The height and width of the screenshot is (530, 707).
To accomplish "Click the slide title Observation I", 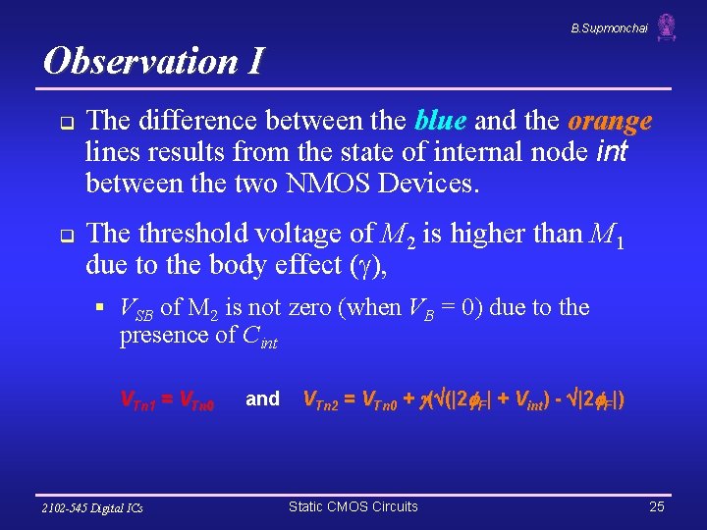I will tap(153, 61).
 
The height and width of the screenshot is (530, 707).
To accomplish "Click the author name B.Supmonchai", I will tap(609, 28).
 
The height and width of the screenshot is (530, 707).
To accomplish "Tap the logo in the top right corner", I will tap(667, 27).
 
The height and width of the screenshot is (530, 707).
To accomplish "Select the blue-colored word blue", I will tap(441, 121).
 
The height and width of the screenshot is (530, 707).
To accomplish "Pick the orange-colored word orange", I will tap(610, 121).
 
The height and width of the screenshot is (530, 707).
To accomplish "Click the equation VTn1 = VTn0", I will tap(167, 399).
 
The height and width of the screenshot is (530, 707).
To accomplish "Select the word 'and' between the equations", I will tap(262, 398).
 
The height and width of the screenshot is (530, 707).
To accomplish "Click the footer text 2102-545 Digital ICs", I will tap(92, 507).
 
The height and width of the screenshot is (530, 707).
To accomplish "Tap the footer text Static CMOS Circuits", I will tap(353, 506).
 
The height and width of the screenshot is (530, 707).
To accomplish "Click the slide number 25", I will tap(656, 506).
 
